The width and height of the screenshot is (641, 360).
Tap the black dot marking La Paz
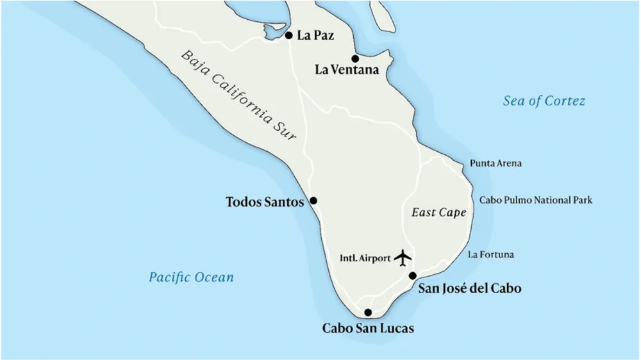coord(289,36)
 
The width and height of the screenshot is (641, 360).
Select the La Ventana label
coord(347,70)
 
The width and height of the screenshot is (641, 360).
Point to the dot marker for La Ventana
coord(355,59)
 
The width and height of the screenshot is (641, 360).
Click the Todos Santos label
coord(264,202)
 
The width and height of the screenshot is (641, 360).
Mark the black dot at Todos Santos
coord(313,200)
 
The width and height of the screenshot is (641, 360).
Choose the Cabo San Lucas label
coord(368,329)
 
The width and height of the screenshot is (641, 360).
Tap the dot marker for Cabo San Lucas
coord(368,313)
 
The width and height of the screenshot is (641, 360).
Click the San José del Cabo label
coord(469,289)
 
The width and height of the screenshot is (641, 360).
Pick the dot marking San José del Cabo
coord(413,276)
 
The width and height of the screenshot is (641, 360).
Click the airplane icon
coord(403,258)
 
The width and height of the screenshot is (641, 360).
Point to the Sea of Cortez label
coord(544,101)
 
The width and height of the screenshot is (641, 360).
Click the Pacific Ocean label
coord(191,277)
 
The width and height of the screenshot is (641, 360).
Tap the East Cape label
coord(438,213)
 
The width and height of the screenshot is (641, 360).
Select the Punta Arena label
coord(495,163)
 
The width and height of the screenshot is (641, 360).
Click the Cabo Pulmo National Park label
coord(536,200)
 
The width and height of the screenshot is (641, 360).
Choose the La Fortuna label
coord(491,255)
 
